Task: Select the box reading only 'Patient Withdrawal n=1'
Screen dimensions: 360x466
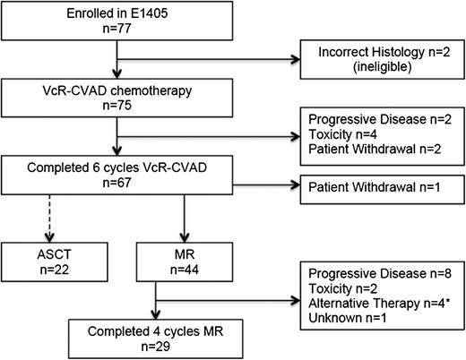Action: coord(375,191)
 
